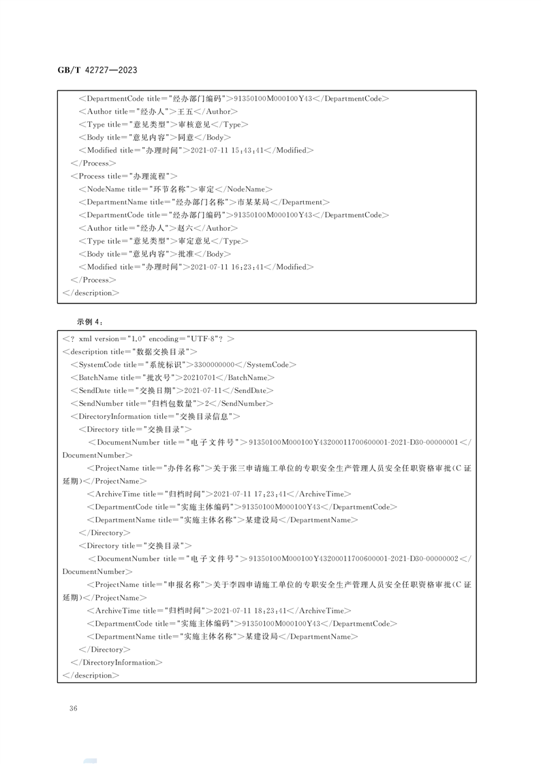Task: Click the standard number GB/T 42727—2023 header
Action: pyautogui.click(x=97, y=69)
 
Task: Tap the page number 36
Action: pyautogui.click(x=74, y=708)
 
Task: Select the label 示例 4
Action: pyautogui.click(x=89, y=321)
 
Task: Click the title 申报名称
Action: pyautogui.click(x=186, y=584)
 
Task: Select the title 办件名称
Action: pyautogui.click(x=186, y=468)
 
